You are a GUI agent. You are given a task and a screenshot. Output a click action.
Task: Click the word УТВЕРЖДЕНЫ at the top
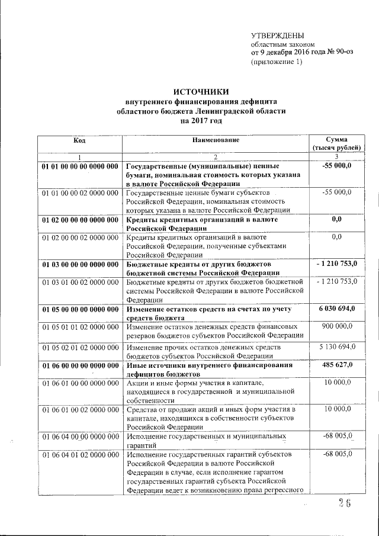277,35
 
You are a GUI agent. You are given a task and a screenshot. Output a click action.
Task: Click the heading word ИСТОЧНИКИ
201,91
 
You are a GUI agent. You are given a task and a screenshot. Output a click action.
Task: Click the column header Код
80,140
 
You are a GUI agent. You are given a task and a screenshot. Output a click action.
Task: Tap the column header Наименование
215,140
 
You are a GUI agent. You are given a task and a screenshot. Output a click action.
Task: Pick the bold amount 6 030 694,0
336,310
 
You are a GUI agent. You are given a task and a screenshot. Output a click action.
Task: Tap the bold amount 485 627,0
336,365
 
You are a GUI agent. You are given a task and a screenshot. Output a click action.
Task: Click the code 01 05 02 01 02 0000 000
80,346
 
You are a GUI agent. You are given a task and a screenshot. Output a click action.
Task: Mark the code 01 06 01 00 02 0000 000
80,409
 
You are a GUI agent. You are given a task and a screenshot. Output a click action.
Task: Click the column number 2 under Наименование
215,156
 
